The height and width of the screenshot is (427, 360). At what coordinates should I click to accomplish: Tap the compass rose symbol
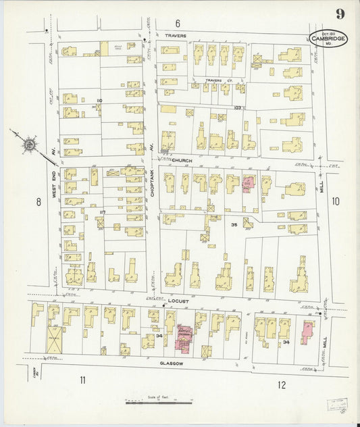click(30, 143)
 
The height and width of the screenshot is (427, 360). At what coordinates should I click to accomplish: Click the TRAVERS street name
click(177, 34)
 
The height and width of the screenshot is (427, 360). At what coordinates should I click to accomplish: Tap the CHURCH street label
click(182, 161)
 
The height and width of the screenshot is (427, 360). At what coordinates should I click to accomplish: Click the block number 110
click(99, 100)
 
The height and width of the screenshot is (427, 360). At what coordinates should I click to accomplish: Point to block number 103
click(237, 107)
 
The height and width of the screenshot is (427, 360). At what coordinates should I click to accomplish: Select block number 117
click(102, 212)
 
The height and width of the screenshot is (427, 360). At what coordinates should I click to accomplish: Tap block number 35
click(234, 224)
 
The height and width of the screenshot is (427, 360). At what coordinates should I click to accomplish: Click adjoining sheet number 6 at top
click(178, 23)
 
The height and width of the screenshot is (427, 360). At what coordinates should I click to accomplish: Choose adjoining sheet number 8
click(38, 201)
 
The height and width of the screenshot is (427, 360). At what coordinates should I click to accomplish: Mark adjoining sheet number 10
click(336, 201)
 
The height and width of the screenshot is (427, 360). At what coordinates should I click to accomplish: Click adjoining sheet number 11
click(82, 380)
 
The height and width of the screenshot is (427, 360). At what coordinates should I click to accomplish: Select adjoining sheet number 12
click(281, 385)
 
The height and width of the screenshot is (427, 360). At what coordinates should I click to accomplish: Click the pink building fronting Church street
click(249, 183)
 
